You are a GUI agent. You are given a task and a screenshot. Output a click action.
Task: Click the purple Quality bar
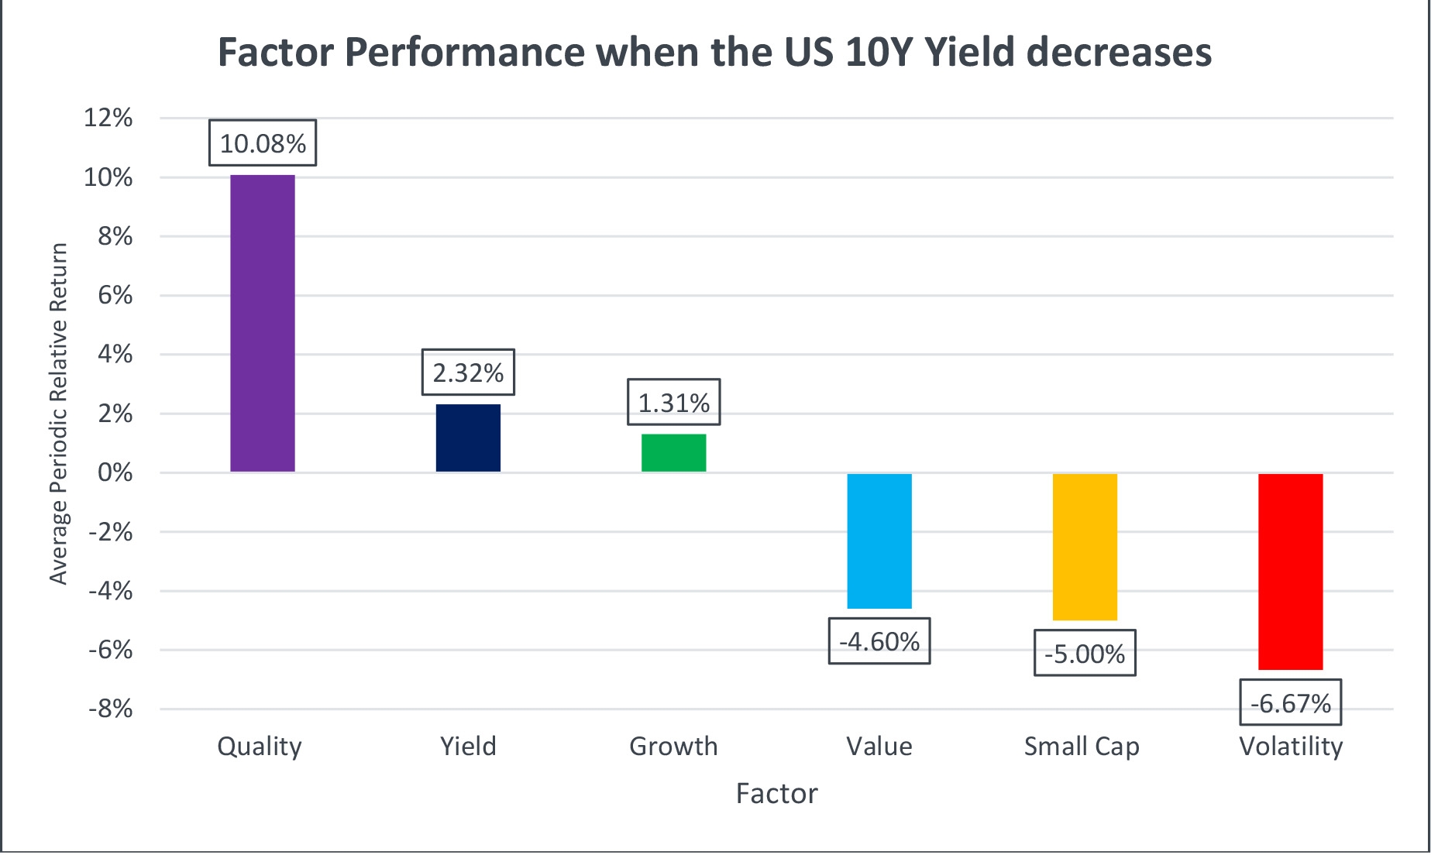(x=263, y=323)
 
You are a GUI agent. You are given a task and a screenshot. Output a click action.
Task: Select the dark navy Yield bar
(x=468, y=438)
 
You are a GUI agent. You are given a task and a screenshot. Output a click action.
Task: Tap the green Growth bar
(x=673, y=453)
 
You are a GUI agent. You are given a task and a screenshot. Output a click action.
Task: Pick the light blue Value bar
(x=879, y=541)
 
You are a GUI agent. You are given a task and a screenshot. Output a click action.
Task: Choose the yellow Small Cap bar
(x=1085, y=547)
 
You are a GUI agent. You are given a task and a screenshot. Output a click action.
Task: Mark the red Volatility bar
(x=1290, y=572)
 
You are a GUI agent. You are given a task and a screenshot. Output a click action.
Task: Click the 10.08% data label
(x=263, y=143)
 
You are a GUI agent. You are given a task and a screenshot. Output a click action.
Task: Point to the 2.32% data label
(x=468, y=373)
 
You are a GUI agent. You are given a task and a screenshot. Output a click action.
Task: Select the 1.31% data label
(x=673, y=403)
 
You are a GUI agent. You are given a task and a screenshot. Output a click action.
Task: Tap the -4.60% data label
(x=879, y=641)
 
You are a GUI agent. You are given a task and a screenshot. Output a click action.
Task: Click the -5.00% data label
(x=1085, y=654)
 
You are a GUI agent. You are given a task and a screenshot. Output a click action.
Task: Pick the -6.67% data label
(x=1290, y=703)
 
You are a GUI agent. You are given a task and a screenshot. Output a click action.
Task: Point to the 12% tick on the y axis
(x=108, y=118)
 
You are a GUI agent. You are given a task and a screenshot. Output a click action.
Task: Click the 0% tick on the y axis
(x=115, y=472)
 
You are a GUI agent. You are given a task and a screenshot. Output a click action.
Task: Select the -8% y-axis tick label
(x=110, y=709)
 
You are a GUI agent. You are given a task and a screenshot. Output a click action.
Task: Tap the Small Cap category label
(x=1082, y=747)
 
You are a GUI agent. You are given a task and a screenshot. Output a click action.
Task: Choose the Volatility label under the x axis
(x=1291, y=747)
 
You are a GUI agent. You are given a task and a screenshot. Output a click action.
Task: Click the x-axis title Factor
(x=776, y=794)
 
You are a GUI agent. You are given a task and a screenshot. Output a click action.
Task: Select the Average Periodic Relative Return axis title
(x=59, y=414)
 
